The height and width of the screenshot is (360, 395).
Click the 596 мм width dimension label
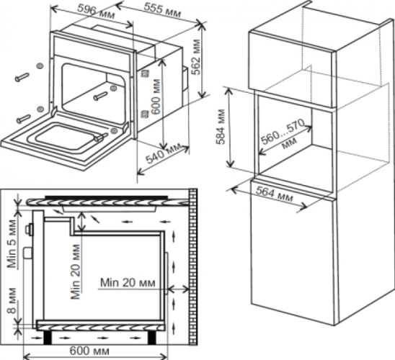96,12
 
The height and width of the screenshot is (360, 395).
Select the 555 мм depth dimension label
162,10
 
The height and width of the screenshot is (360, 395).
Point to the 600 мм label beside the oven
156,97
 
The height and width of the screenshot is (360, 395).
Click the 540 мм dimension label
164,153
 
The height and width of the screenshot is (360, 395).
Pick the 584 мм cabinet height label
221,127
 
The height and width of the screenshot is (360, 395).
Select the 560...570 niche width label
283,135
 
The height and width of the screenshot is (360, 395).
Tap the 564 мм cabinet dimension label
275,194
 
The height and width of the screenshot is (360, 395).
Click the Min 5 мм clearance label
12,243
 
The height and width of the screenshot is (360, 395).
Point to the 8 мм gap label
12,301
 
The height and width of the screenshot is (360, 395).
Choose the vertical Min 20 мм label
76,271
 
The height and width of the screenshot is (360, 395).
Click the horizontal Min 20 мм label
128,282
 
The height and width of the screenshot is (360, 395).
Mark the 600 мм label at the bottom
89,351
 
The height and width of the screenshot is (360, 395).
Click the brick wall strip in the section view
192,266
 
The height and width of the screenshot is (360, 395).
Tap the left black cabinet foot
48,338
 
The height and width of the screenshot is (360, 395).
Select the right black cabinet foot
151,338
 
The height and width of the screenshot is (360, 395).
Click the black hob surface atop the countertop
106,198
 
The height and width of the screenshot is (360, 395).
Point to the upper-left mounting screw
22,77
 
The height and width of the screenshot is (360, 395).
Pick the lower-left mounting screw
24,119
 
